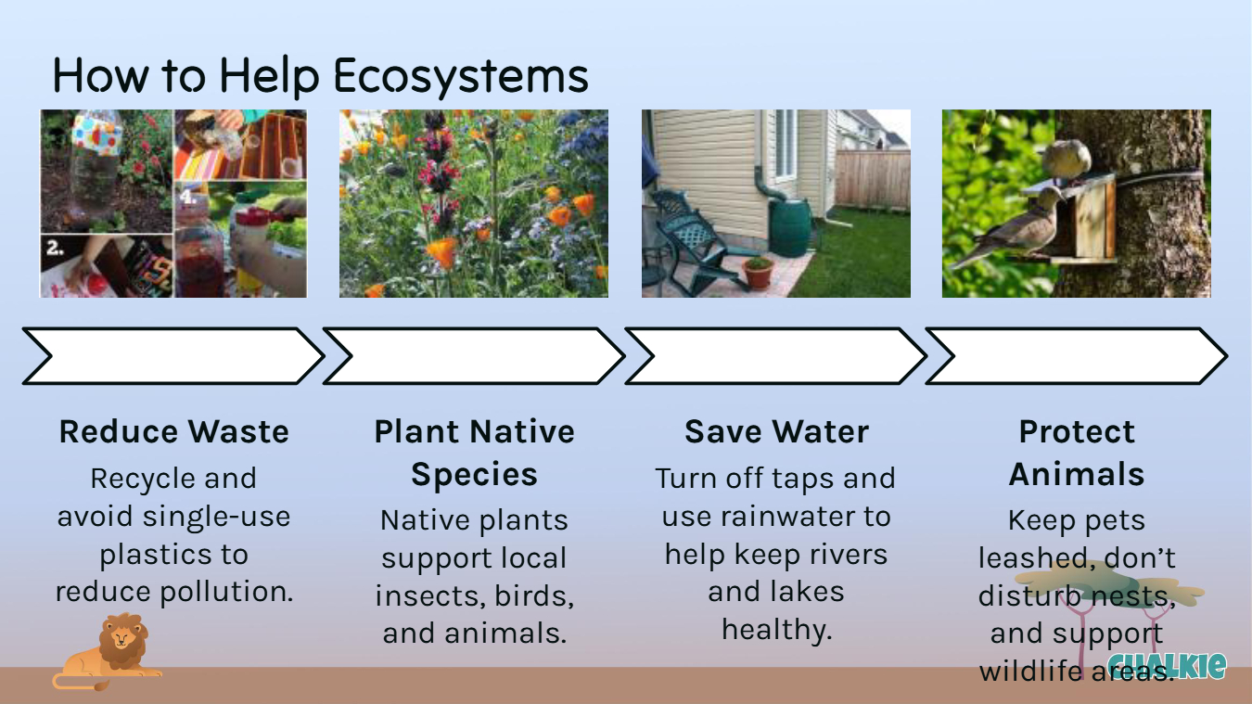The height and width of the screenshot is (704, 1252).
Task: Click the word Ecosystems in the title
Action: click(x=461, y=76)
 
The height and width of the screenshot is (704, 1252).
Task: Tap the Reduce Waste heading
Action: click(x=173, y=431)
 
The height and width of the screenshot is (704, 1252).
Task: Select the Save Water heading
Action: click(x=776, y=431)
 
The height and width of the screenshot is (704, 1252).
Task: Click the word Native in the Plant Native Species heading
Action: click(x=522, y=431)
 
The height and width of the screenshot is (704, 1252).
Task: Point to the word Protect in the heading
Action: click(x=1077, y=431)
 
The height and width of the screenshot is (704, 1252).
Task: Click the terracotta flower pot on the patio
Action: click(x=758, y=273)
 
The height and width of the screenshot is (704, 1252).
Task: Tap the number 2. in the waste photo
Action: click(x=55, y=247)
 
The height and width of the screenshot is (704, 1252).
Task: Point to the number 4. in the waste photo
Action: click(x=188, y=197)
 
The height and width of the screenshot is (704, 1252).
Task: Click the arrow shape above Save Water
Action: click(x=776, y=356)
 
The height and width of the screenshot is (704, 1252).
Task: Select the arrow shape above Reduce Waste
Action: click(x=173, y=356)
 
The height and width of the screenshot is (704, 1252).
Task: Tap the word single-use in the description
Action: click(x=216, y=517)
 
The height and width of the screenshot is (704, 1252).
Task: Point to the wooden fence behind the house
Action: click(x=872, y=179)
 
